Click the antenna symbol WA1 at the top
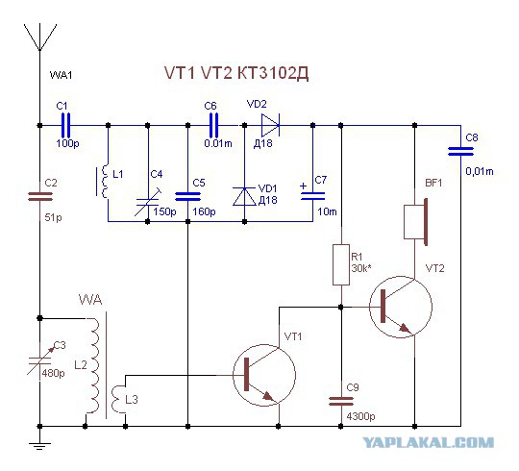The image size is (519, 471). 39,37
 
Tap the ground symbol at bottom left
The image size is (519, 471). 39,444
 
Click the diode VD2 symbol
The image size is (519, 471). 270,126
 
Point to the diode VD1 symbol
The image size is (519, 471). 245,197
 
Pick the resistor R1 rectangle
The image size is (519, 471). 341,264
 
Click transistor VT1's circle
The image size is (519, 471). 264,374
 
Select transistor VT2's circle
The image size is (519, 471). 401,307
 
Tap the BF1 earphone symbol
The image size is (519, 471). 416,222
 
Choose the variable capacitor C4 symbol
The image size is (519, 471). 148,202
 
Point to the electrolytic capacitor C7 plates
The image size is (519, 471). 312,196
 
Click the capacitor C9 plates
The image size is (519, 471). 341,402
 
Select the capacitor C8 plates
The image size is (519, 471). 460,151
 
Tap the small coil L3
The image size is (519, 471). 117,399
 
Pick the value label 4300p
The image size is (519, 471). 360,416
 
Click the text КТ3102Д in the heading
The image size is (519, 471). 273,73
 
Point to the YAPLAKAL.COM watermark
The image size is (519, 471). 429,442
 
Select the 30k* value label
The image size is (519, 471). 361,268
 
